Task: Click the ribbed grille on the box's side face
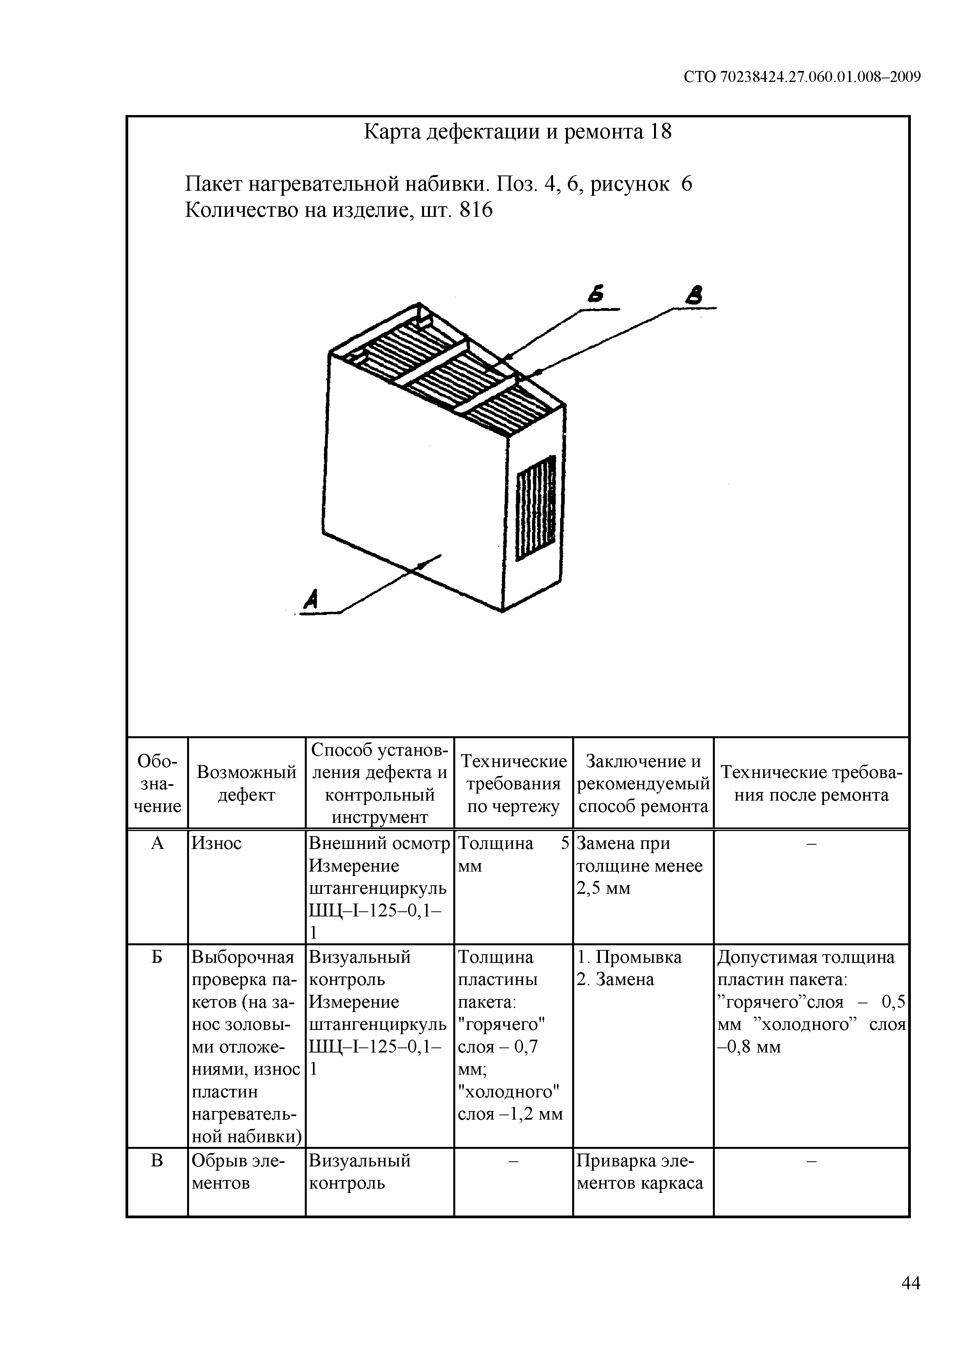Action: [536, 508]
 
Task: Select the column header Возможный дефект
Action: [246, 783]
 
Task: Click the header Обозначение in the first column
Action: [157, 783]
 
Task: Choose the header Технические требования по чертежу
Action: [513, 783]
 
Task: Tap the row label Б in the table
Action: [157, 957]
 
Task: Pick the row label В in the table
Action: [157, 1161]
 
